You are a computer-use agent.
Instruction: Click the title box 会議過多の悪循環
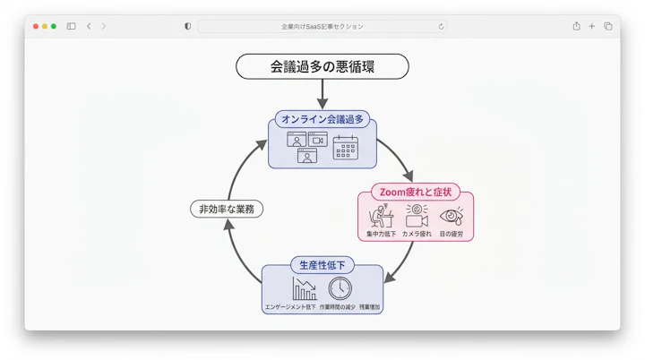pos(322,66)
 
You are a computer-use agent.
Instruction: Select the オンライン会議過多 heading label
pos(322,119)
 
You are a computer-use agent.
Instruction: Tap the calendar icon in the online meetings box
pos(346,147)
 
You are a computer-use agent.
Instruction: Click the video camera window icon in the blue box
pos(318,139)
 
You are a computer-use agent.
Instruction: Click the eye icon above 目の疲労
pos(451,216)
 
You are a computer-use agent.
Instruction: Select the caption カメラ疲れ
pos(417,234)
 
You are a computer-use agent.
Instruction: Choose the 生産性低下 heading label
pos(322,264)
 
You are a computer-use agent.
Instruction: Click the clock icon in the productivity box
pos(340,288)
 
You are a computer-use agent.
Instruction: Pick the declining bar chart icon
pos(305,288)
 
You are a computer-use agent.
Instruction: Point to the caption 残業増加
pos(369,307)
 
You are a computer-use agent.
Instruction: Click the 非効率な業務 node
pos(228,210)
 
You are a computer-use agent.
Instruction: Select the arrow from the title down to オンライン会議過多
pos(322,94)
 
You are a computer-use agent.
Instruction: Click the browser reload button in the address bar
pos(441,27)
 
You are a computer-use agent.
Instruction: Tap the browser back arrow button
pos(89,27)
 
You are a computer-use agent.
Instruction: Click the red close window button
pos(36,27)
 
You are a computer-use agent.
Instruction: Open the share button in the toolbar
pos(576,27)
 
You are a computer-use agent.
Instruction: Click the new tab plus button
pos(592,27)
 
